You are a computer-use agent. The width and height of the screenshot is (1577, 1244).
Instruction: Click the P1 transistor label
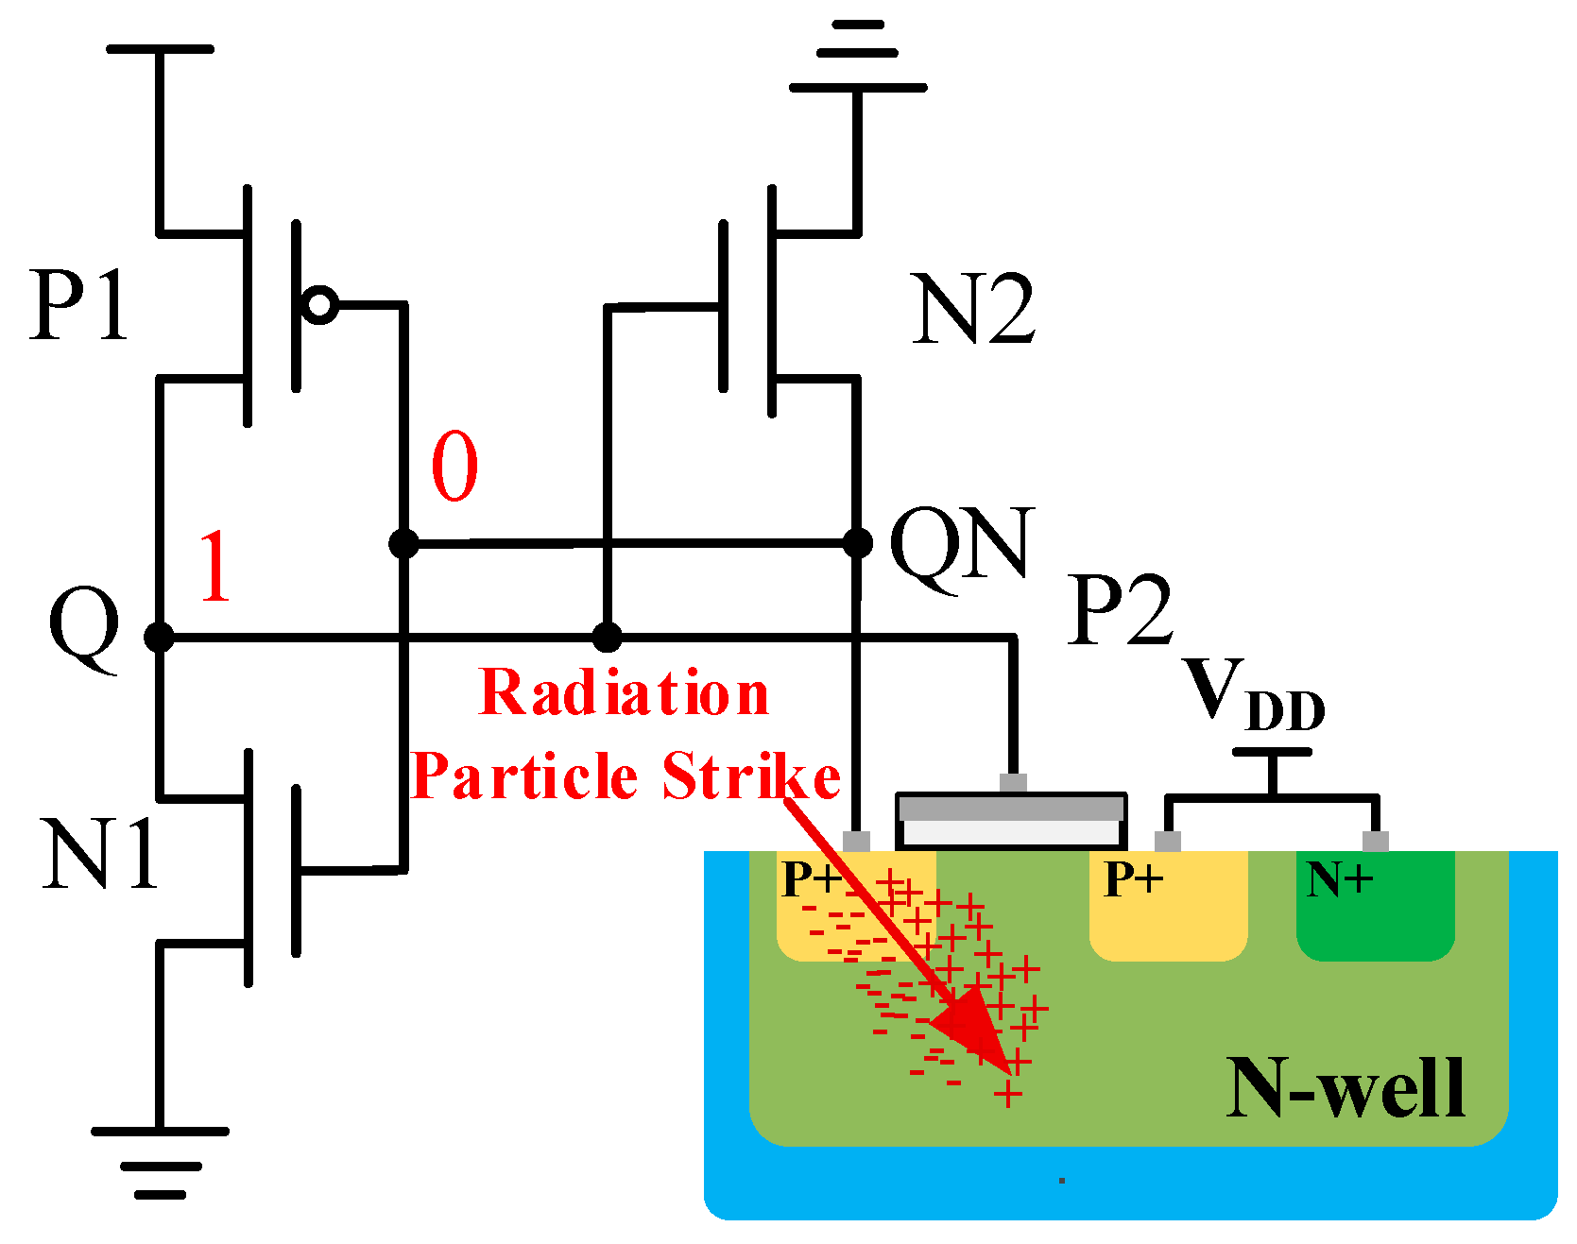[x=79, y=306]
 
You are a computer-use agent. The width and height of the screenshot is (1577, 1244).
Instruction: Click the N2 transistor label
[x=973, y=310]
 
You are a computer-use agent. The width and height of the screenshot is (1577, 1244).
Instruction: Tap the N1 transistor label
[x=100, y=855]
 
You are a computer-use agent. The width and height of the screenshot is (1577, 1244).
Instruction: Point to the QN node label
[x=962, y=546]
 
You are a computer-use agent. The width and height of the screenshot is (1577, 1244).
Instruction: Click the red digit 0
[x=454, y=467]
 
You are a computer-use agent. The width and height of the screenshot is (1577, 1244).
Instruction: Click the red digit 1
[x=215, y=567]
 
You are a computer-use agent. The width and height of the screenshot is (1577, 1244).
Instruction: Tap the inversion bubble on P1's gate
[x=320, y=305]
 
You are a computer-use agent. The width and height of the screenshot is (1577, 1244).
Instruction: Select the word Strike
[x=751, y=776]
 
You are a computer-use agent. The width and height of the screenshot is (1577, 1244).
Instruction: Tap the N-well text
[x=1346, y=1089]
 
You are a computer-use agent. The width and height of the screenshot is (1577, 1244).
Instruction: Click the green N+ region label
[x=1339, y=879]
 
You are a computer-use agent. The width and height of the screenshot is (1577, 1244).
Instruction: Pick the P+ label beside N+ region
[x=1134, y=879]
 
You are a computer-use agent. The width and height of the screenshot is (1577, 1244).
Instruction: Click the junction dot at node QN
[x=857, y=543]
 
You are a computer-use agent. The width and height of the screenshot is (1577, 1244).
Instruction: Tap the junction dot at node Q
[x=159, y=637]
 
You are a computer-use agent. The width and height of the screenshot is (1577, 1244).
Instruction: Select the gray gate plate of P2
[x=1011, y=809]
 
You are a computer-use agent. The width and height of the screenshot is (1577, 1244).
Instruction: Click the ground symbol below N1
[x=160, y=1162]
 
